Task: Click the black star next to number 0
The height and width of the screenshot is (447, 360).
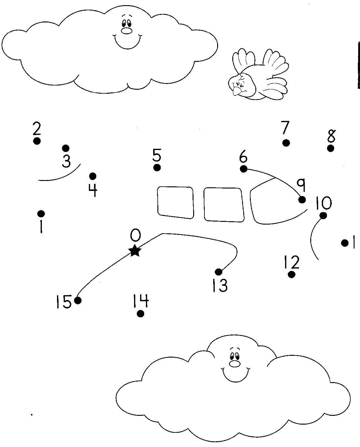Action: pyautogui.click(x=135, y=251)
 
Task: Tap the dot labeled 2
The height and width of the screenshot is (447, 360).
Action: pyautogui.click(x=37, y=141)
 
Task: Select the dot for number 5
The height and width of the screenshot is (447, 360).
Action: pyautogui.click(x=157, y=168)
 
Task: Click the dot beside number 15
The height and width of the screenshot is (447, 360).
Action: pyautogui.click(x=78, y=300)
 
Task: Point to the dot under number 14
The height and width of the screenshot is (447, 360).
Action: pyautogui.click(x=140, y=314)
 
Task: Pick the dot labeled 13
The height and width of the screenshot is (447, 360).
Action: pyautogui.click(x=218, y=272)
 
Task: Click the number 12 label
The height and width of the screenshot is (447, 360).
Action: pyautogui.click(x=292, y=262)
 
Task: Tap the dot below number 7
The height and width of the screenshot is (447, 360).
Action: pyautogui.click(x=286, y=143)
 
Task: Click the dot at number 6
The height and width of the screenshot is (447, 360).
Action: pyautogui.click(x=244, y=169)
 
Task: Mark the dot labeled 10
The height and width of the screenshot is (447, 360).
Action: pyautogui.click(x=323, y=215)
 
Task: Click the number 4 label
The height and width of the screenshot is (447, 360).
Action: pyautogui.click(x=93, y=190)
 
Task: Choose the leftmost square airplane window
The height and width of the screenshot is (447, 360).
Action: pyautogui.click(x=176, y=202)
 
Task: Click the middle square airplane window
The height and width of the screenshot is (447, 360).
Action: pyautogui.click(x=224, y=204)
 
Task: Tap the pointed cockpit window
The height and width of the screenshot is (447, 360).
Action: pyautogui.click(x=273, y=205)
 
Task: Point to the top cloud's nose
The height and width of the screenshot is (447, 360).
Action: pyautogui.click(x=126, y=31)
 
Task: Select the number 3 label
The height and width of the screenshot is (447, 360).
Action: pyautogui.click(x=66, y=161)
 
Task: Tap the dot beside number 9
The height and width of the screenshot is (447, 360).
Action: pyautogui.click(x=302, y=200)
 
